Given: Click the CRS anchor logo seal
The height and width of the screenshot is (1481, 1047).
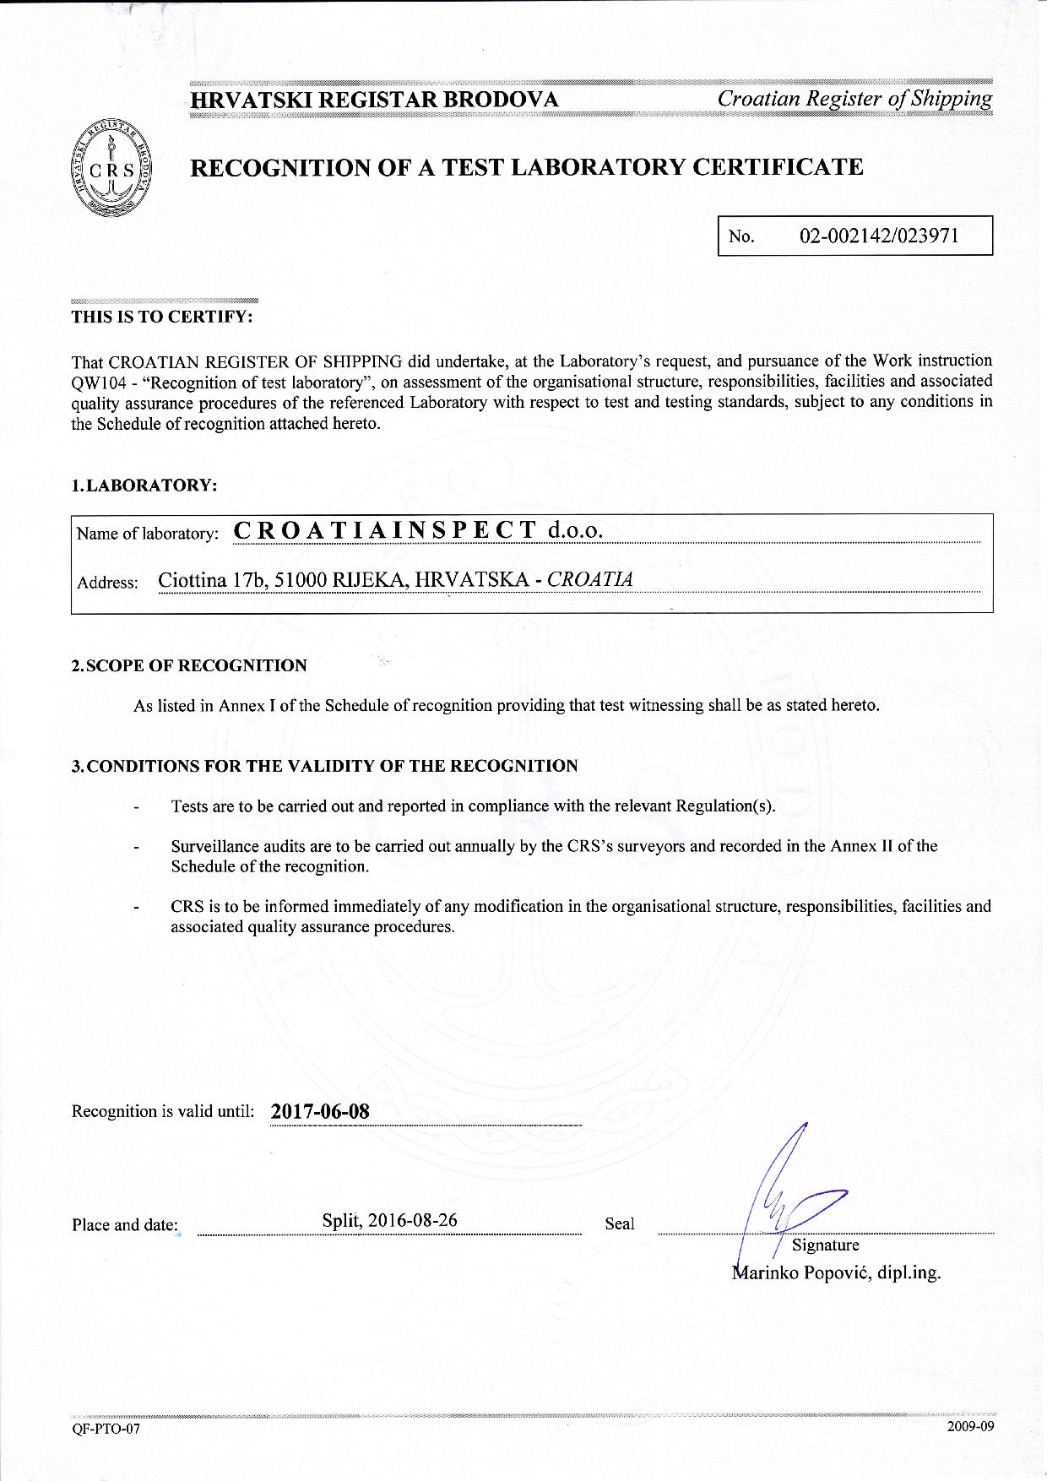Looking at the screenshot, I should tap(117, 167).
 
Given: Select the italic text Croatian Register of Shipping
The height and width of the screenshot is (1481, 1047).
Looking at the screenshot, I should tap(854, 99).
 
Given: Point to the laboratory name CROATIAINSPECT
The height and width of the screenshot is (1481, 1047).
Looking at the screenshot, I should tap(385, 530).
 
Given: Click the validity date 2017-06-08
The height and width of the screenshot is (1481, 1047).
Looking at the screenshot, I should tap(320, 1110).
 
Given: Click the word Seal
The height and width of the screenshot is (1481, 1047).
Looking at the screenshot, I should tap(620, 1223).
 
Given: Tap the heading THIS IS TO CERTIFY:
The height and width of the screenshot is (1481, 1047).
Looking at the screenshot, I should tap(162, 317).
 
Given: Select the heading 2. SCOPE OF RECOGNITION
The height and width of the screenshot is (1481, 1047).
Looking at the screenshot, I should tap(189, 665).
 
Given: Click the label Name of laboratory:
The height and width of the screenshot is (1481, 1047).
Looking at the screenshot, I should tap(148, 534).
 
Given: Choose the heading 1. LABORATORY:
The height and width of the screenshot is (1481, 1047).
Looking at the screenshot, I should tap(144, 486).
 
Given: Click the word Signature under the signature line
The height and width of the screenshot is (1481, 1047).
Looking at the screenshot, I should tap(825, 1245).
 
